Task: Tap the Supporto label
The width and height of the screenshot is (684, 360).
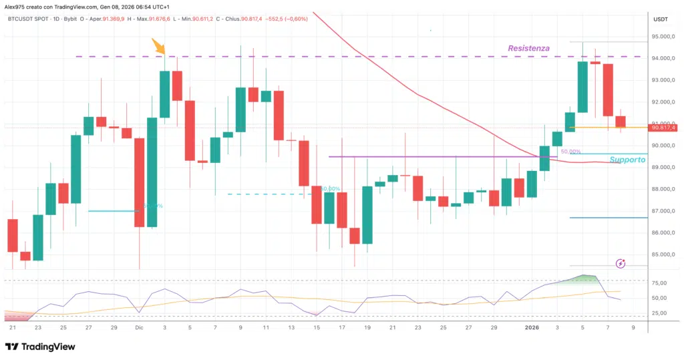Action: click(x=628, y=160)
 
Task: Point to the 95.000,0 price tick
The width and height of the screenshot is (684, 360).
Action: click(x=663, y=37)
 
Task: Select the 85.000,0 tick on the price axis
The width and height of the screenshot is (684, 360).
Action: click(x=663, y=254)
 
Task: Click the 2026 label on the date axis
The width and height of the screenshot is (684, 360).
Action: click(x=532, y=328)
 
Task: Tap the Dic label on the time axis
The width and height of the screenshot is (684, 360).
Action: click(x=140, y=328)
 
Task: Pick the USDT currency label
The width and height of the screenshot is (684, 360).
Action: click(x=660, y=19)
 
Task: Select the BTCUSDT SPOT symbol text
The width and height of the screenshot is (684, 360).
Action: click(x=31, y=19)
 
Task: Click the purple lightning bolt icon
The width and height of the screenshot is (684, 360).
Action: click(x=621, y=264)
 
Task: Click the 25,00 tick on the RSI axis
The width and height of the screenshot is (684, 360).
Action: click(x=660, y=313)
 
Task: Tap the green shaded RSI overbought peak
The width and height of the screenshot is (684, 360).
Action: click(x=586, y=278)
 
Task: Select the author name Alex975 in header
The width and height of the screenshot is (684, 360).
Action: click(x=17, y=5)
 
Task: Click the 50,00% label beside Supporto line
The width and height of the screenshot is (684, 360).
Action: click(x=570, y=152)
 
